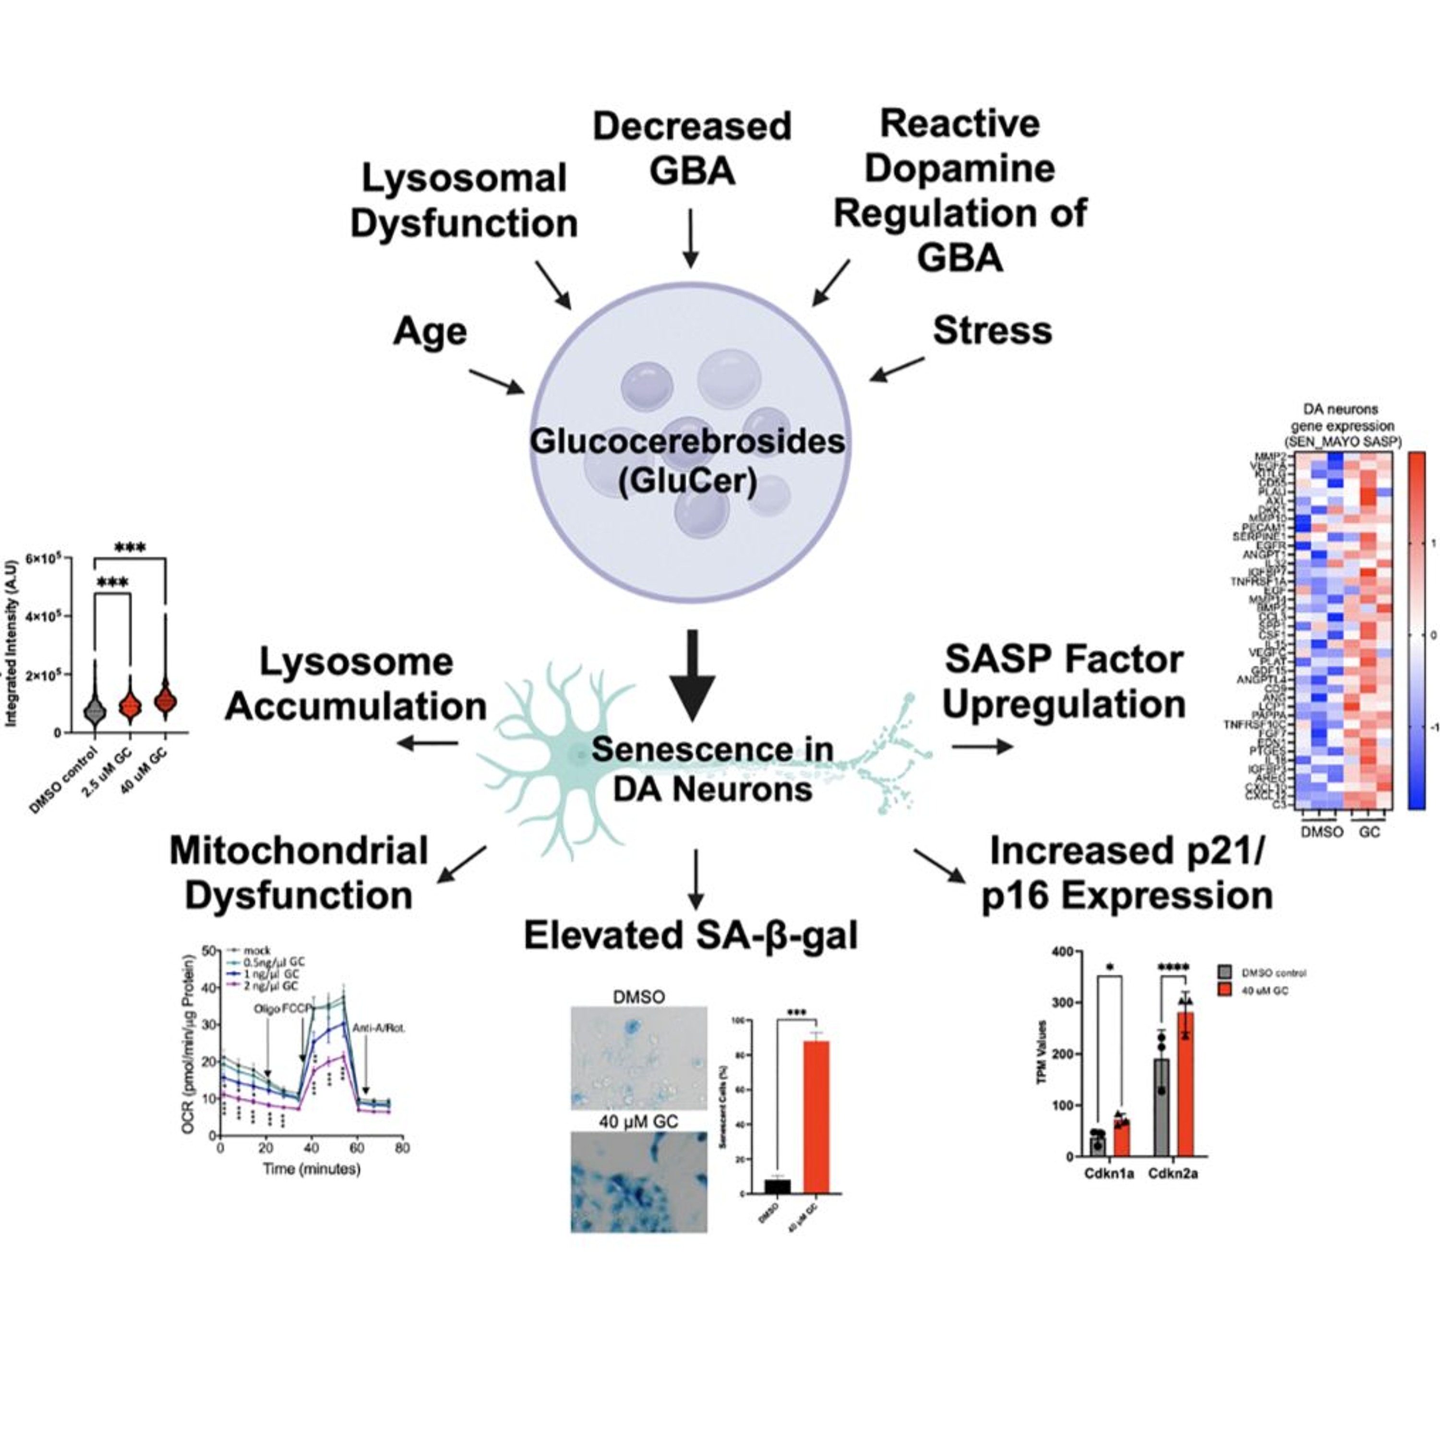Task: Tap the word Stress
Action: click(992, 331)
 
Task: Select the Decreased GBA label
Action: click(692, 148)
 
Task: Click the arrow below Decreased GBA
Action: click(691, 238)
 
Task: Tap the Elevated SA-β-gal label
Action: click(691, 936)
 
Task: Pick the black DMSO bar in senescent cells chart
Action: click(778, 1186)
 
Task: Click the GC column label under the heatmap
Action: click(1369, 832)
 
